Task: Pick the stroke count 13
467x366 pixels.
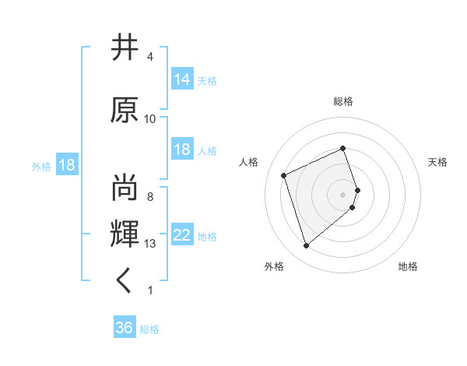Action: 150,244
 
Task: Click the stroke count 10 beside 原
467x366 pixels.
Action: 150,118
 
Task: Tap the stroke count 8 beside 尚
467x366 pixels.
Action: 150,197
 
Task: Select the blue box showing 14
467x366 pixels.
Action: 182,79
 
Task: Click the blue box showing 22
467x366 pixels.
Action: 182,235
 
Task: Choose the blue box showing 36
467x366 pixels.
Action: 125,328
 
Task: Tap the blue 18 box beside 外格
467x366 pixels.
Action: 66,166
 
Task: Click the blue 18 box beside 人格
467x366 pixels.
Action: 182,150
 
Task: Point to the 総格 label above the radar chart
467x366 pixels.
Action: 343,101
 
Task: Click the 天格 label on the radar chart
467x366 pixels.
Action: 437,162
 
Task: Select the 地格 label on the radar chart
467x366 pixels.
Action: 408,266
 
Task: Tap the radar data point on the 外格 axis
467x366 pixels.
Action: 306,246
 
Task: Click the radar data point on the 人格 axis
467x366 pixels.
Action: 284,174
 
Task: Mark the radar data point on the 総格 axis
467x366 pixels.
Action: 343,148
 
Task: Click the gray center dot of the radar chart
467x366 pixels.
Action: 343,194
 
